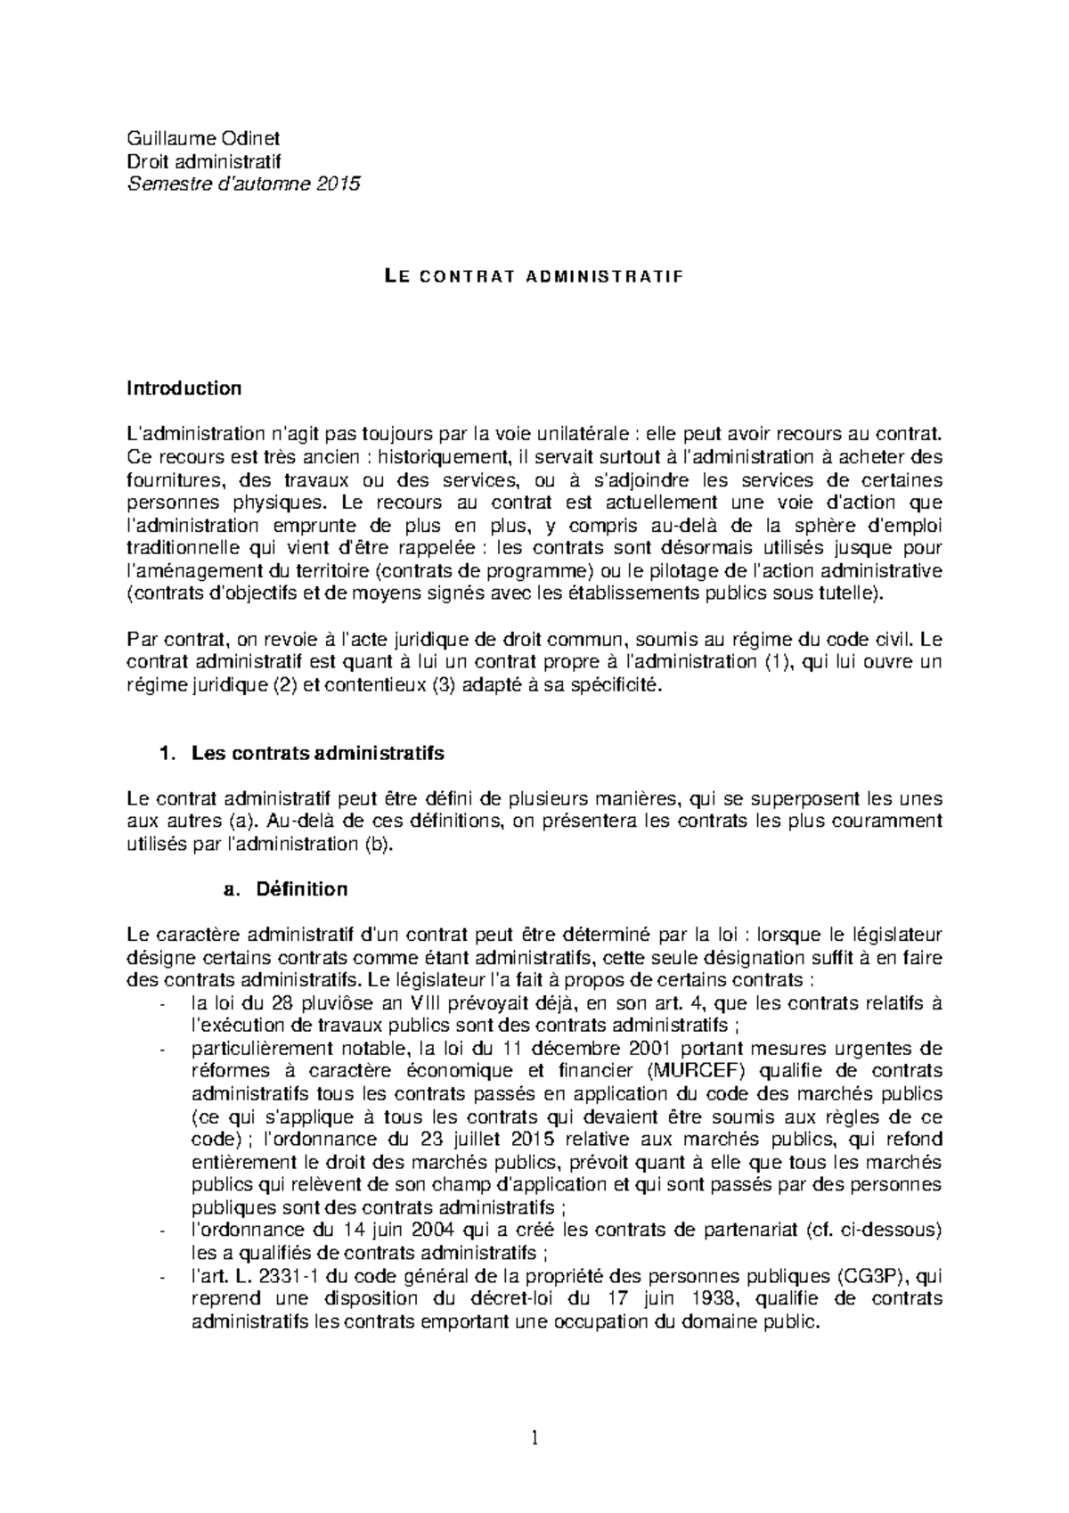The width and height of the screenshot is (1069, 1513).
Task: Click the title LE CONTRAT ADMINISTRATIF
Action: [534, 276]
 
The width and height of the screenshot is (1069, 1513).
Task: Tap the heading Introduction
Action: [184, 388]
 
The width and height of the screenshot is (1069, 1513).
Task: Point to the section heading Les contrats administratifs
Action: [317, 753]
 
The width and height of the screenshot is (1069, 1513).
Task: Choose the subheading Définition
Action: [301, 889]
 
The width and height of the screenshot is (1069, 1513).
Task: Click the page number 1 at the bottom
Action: [534, 1437]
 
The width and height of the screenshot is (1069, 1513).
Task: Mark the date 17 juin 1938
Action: [649, 1299]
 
